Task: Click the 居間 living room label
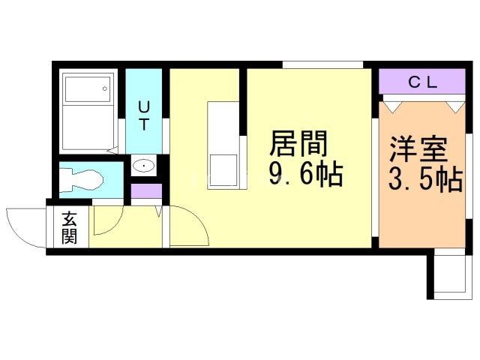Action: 298,143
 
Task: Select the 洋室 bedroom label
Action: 418,149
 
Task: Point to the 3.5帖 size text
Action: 425,180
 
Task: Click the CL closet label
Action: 422,82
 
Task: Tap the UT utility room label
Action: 143,115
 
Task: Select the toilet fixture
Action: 81,181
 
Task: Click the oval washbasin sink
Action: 143,166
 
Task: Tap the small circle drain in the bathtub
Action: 105,88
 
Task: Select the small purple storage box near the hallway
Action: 146,191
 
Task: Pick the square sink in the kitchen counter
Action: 223,170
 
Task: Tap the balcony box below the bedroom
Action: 450,274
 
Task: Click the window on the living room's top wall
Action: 322,65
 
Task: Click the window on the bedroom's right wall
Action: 469,176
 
